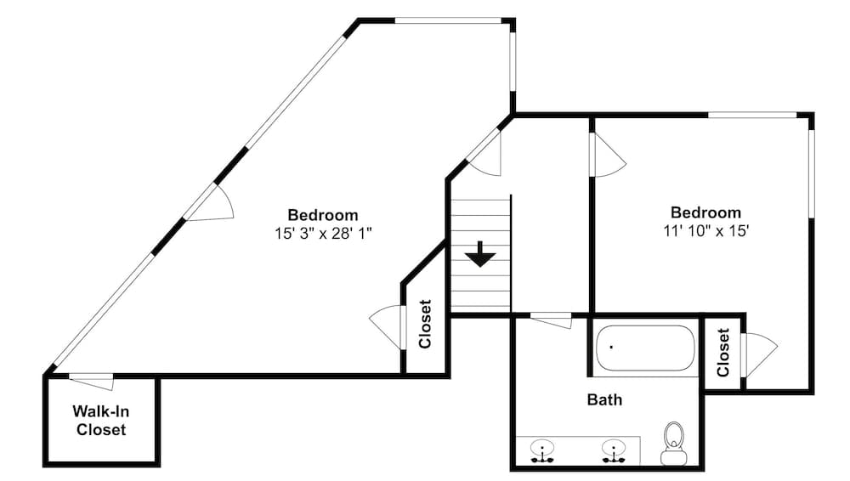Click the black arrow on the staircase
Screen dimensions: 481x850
tap(480, 253)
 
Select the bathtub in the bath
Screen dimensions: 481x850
tap(645, 348)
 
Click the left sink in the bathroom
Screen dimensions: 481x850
tap(541, 450)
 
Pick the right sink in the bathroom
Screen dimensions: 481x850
tap(613, 450)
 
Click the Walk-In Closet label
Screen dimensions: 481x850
tap(101, 421)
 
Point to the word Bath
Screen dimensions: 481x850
tap(604, 399)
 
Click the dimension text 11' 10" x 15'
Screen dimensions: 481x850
tap(705, 230)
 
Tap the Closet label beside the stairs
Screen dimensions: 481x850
tap(426, 325)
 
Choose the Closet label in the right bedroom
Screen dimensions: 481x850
tap(723, 353)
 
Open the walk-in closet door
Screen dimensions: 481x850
tap(92, 382)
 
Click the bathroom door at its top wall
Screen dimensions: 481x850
tap(551, 320)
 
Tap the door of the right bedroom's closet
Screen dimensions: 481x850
tap(758, 354)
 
